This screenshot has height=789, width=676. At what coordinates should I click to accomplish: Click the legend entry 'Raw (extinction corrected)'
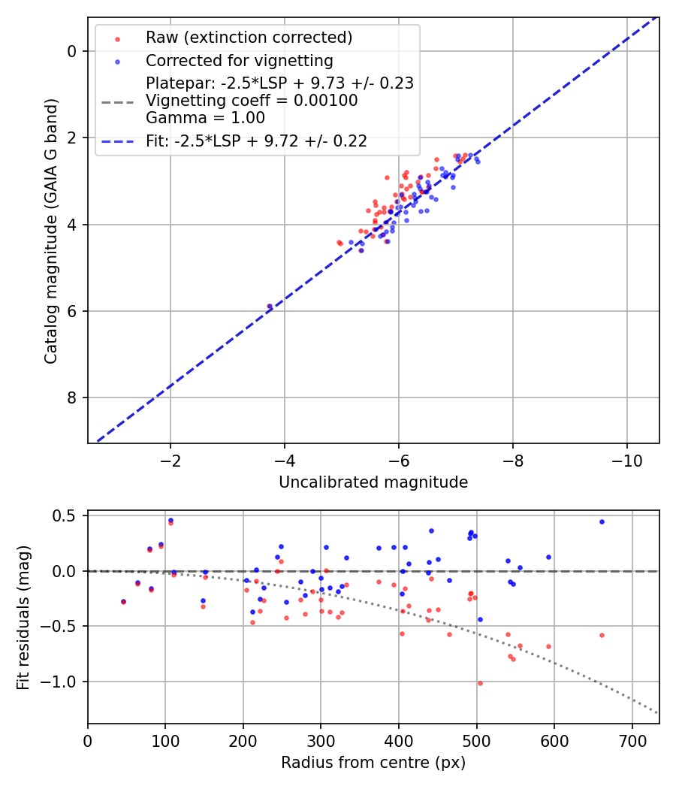[x=249, y=38]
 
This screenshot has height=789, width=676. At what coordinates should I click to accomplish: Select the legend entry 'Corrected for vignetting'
[x=239, y=60]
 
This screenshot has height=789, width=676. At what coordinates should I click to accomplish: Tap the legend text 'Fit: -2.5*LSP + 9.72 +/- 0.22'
[x=256, y=141]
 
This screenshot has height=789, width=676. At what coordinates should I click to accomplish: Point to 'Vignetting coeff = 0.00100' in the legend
[x=252, y=100]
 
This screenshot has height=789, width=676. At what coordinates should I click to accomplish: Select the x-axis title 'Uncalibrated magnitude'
[x=373, y=482]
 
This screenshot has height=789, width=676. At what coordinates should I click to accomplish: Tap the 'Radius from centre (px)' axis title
[x=373, y=763]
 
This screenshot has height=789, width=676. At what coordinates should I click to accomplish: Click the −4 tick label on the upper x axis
[x=285, y=461]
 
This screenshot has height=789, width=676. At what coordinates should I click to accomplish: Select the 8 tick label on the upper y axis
[x=73, y=398]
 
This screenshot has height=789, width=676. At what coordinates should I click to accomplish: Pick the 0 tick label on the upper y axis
[x=73, y=51]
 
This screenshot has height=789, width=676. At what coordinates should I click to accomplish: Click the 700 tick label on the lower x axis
[x=632, y=740]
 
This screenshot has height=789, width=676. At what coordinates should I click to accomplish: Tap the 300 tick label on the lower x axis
[x=321, y=740]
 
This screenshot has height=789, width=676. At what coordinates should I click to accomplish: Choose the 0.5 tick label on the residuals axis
[x=67, y=515]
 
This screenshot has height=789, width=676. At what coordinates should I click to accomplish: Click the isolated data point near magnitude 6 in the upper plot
[x=270, y=307]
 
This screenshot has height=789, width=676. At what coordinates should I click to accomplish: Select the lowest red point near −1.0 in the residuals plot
[x=480, y=683]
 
